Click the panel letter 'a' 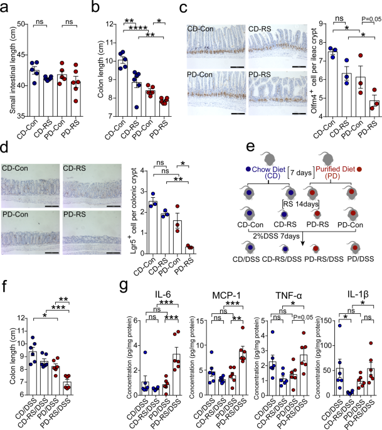coord(6,8)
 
